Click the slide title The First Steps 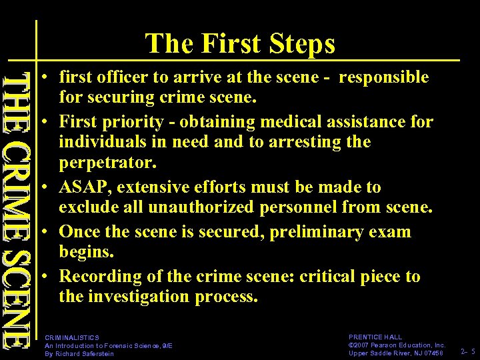[240, 43]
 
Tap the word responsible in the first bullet [384, 77]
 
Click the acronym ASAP [83, 187]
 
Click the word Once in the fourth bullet [79, 232]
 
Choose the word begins [86, 252]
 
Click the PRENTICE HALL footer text [375, 338]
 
